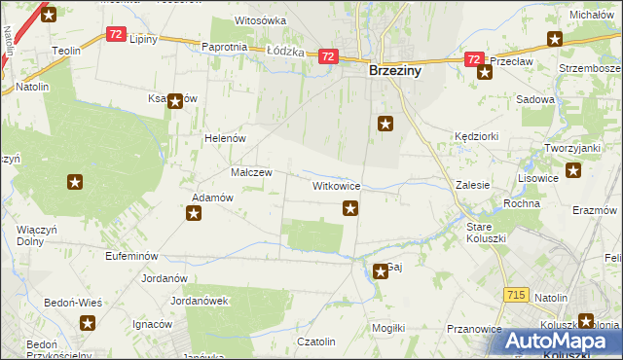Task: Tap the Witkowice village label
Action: (337, 185)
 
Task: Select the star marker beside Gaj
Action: (381, 271)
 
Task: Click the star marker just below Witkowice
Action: (350, 207)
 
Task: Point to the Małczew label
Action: (250, 172)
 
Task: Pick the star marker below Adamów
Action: (194, 214)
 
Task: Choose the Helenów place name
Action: (224, 139)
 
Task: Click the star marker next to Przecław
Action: (484, 73)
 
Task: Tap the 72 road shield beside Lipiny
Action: (116, 34)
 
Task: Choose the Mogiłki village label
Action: (387, 328)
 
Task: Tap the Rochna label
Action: (522, 203)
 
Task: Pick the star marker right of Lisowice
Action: (573, 172)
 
